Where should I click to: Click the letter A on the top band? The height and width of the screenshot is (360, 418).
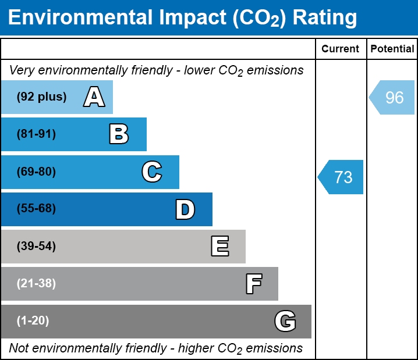pos(94,97)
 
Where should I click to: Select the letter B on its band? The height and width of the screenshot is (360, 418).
pos(119,134)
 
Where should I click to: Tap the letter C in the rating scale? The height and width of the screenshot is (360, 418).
pos(152,172)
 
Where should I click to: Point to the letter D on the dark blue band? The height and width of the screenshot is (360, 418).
pos(185,209)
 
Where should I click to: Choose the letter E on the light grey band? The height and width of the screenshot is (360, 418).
pos(220,246)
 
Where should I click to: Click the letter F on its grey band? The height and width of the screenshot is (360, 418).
pos(254,284)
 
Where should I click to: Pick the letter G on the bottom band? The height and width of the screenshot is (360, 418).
pos(285,321)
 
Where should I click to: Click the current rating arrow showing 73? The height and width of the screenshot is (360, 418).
pos(341,177)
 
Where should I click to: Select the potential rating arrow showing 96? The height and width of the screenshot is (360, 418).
pos(392,98)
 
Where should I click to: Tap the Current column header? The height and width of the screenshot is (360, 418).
pos(340,49)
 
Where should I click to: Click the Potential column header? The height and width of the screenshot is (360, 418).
pos(392,49)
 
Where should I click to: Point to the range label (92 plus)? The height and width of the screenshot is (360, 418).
pos(41,97)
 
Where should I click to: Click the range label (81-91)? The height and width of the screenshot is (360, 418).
pos(36,134)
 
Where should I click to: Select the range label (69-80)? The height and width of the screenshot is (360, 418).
pos(36,172)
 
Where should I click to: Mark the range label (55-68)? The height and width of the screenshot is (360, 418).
pos(36,208)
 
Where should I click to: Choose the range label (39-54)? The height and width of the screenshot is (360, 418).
pos(36,247)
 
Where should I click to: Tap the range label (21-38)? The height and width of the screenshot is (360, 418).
pos(36,284)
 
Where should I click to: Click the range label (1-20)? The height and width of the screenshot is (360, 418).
pos(33,321)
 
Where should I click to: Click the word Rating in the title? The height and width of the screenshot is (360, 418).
pos(325,17)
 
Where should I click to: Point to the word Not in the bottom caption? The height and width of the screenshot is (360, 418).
pos(19,348)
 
